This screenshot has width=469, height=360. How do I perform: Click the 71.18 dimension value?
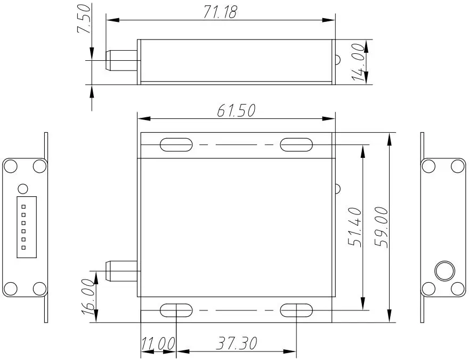coord(220,12)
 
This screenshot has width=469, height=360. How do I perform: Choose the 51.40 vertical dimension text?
coord(355,227)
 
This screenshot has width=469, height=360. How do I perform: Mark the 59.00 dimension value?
coord(382,227)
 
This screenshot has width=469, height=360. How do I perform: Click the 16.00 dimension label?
coord(89,298)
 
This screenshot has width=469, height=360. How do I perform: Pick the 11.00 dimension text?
coord(158,343)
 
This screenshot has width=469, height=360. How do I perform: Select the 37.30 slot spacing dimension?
coord(236,343)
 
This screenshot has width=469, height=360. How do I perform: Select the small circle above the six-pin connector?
coord(22,189)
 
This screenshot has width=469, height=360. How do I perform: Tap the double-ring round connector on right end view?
coord(443,271)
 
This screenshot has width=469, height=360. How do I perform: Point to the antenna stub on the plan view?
coord(122,271)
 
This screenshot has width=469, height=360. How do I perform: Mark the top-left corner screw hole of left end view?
coord(10,166)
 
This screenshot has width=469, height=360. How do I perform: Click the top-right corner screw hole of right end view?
coord(457,166)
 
